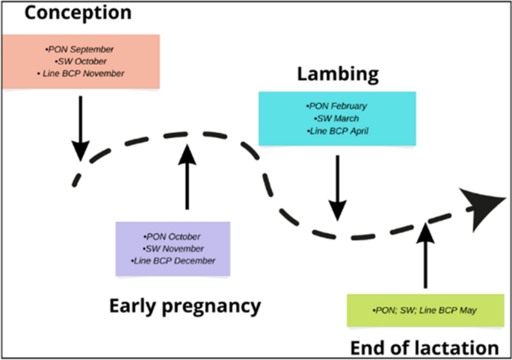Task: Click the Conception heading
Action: [x=67, y=13]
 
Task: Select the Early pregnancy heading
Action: [x=185, y=305]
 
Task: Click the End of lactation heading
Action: [x=424, y=347]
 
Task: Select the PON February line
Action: [x=336, y=106]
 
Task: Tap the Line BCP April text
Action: [x=337, y=131]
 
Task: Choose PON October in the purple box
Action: [x=173, y=237]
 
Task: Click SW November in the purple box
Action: [x=173, y=249]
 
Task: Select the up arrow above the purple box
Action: [x=187, y=176]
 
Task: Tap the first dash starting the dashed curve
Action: [x=75, y=179]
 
